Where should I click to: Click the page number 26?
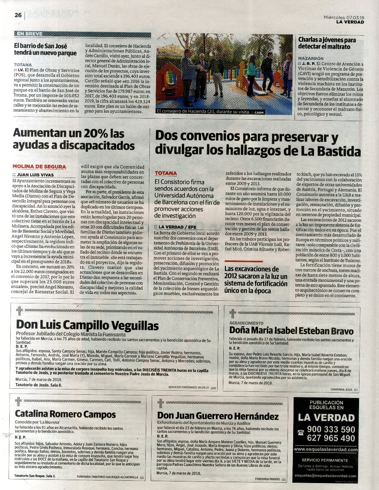point(18,15)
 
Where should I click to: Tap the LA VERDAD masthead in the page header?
point(350,22)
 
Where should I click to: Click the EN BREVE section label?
point(29,34)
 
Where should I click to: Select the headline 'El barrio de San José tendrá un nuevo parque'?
point(45,50)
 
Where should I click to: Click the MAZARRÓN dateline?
point(310,58)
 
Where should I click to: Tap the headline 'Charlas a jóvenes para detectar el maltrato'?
point(327,43)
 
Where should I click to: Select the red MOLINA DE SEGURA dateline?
point(39,167)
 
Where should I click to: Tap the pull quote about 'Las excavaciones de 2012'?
point(256,280)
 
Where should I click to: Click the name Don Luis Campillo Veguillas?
point(87,326)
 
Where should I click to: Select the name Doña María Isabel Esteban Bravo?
point(291,331)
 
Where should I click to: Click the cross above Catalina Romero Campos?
point(19,402)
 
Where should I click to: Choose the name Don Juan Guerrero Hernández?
point(218,416)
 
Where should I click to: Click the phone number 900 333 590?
point(331,429)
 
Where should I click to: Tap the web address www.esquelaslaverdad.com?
point(326,450)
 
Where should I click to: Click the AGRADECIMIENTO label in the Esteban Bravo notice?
point(246,323)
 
